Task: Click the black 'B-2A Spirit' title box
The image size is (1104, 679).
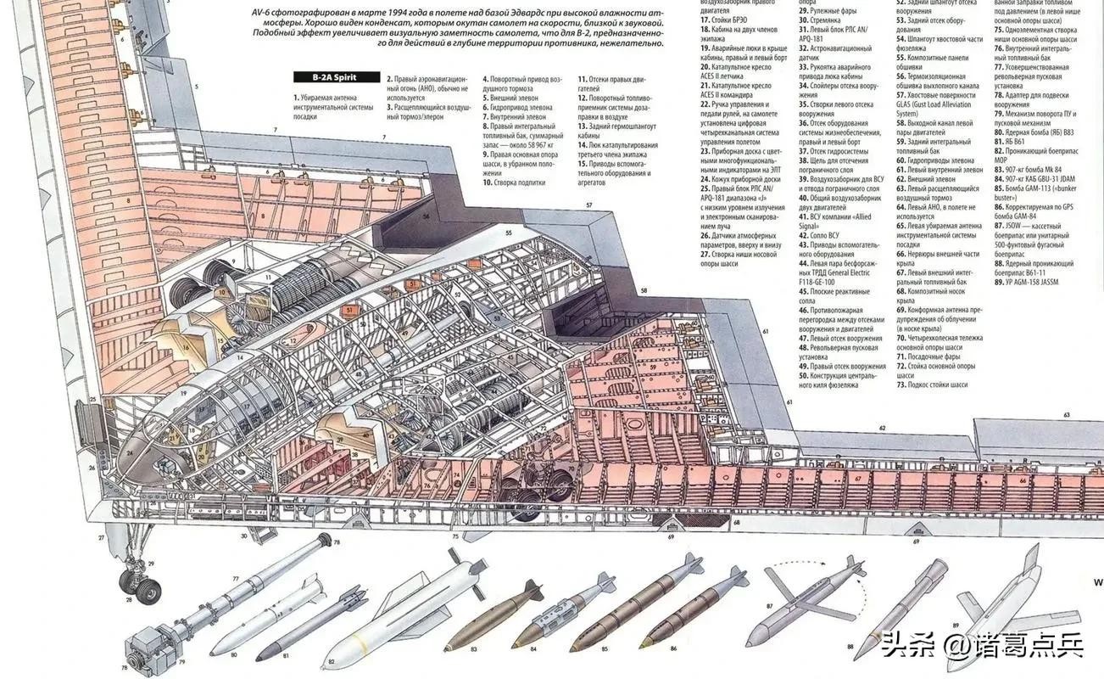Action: point(334,77)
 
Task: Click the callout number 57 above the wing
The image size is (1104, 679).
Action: point(588,205)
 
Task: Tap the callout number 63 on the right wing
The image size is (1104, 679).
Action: point(1067,415)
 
